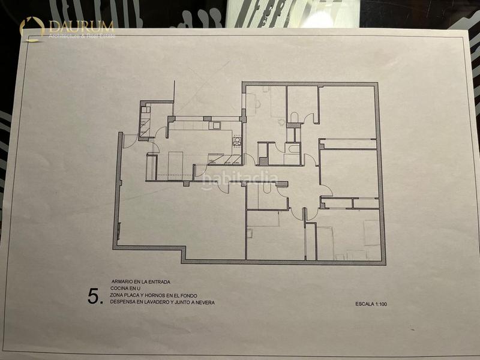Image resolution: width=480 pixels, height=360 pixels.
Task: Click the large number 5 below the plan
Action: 93,296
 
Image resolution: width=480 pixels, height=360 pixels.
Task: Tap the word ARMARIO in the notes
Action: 124,281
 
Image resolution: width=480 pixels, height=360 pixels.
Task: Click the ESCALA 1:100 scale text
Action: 371,304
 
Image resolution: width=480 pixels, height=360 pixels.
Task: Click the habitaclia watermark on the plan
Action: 240,178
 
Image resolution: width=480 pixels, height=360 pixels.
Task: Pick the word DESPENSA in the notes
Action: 122,303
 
